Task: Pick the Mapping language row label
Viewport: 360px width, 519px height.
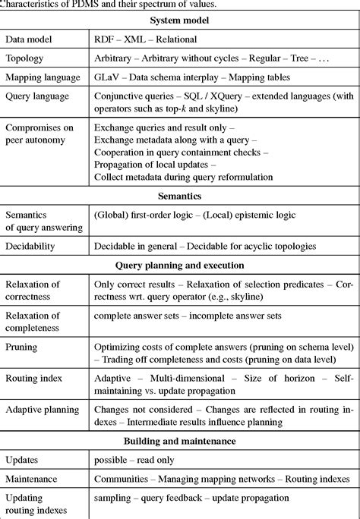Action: [x=43, y=77]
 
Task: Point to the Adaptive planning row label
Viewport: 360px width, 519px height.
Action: [x=42, y=410]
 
